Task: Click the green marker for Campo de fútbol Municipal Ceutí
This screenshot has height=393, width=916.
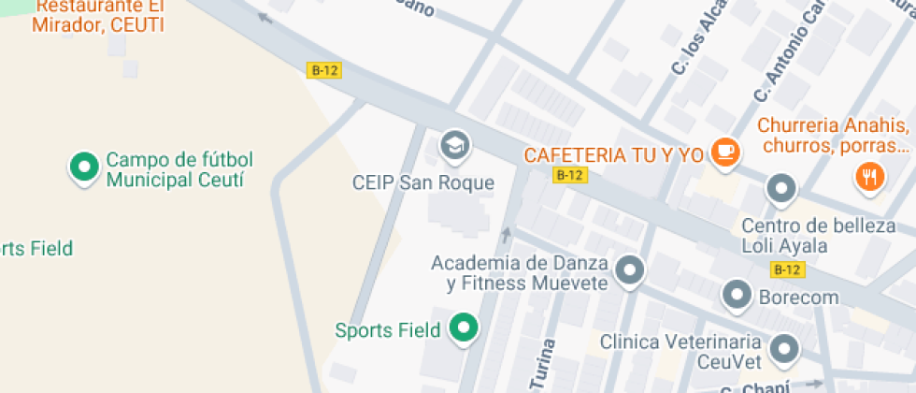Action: (85, 167)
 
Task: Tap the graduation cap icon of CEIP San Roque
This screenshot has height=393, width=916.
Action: (455, 145)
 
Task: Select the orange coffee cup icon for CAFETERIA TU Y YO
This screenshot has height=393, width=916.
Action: (724, 153)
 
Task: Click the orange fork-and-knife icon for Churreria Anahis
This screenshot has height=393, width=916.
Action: (869, 176)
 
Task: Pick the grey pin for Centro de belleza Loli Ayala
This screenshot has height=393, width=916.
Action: (780, 189)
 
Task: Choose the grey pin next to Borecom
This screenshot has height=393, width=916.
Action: (737, 296)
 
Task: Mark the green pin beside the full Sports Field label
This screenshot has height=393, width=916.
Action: (463, 328)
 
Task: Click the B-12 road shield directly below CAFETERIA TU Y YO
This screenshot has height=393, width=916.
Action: (569, 175)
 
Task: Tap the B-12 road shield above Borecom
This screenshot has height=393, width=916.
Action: (787, 270)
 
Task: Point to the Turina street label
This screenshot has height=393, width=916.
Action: (542, 366)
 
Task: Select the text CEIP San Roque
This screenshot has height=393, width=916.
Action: (422, 182)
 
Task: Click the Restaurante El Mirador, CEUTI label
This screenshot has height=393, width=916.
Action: (98, 16)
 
